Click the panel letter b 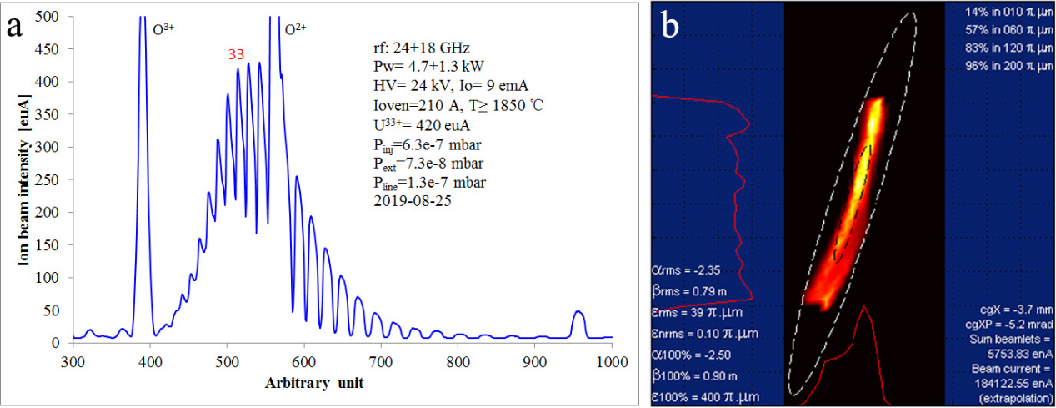pos(673,27)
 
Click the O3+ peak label pos(163,28)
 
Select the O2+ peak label pos(296,28)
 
